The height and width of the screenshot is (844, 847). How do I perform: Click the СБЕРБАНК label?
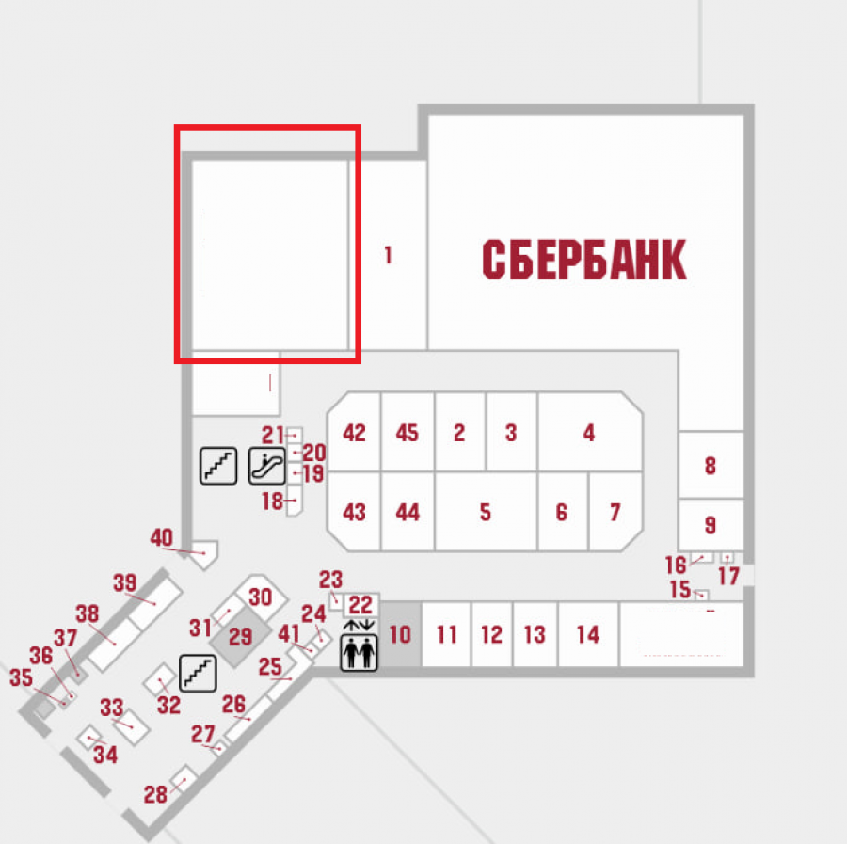583,260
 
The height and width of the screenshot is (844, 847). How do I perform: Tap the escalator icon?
267,466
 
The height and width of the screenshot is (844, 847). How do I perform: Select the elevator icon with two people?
359,653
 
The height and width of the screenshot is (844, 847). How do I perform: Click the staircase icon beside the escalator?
218,466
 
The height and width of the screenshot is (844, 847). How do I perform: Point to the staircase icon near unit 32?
198,674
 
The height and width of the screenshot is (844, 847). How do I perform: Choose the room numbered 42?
354,432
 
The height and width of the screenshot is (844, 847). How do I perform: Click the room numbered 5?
486,512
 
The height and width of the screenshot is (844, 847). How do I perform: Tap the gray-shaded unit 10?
400,634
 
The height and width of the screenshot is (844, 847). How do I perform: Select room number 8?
711,465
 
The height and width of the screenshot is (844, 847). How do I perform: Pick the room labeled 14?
587,634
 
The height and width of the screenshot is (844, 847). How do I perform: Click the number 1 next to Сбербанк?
388,255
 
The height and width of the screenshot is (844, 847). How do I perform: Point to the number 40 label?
162,538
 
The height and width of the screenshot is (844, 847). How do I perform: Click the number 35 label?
21,677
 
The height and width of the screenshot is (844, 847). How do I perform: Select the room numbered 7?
615,512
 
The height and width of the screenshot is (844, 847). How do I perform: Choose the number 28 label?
155,795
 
